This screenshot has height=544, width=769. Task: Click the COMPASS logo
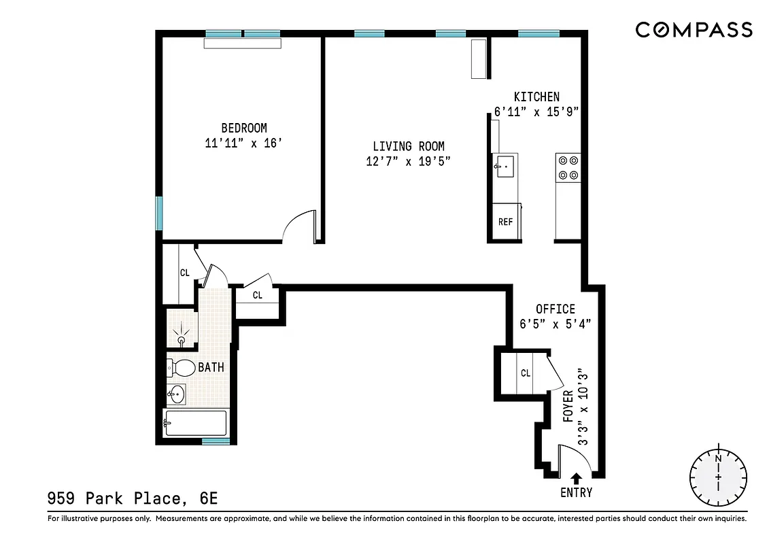pos(694,30)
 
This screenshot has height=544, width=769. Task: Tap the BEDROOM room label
pos(243,128)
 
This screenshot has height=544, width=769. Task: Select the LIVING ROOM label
pos(408,146)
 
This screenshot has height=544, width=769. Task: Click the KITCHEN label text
pos(536,97)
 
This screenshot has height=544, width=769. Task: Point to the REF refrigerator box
pos(505,222)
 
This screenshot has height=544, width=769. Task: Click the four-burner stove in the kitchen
pos(568,168)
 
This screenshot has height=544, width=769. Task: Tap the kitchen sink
pos(505,166)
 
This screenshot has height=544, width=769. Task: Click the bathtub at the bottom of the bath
pos(196,423)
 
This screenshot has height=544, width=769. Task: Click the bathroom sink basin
pos(176,393)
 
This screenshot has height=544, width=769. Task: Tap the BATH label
pos(211,368)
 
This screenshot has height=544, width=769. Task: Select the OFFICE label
pos(555,309)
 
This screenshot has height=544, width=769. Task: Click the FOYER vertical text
pos(568,406)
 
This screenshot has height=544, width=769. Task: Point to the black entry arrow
pos(576,479)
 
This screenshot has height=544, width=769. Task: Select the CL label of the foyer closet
pos(526,373)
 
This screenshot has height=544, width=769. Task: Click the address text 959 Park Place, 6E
pos(133,498)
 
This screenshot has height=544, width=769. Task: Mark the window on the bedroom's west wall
pos(159,213)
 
